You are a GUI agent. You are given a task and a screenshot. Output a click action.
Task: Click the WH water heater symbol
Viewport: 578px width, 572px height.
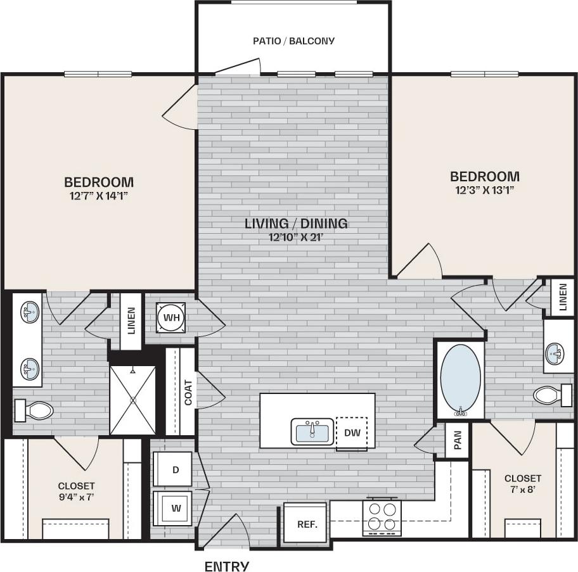[x=170, y=317]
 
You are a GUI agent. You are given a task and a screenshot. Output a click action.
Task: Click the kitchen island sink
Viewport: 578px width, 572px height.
[x=312, y=432]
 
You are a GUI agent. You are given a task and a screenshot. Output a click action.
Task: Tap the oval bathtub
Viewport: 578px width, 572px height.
[x=460, y=380]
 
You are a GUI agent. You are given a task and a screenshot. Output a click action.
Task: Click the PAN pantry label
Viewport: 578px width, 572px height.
[x=458, y=440]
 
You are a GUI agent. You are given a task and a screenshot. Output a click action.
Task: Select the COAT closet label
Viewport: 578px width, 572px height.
[x=188, y=392]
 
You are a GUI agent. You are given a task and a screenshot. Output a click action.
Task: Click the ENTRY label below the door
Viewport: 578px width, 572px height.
[x=226, y=566]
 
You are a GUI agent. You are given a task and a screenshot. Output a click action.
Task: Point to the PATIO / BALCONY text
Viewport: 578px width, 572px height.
[x=293, y=41]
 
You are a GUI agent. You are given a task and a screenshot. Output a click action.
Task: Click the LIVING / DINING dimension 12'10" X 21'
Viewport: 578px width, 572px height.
[x=297, y=238]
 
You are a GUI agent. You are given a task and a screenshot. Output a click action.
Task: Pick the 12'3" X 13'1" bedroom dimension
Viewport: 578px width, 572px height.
[x=485, y=189]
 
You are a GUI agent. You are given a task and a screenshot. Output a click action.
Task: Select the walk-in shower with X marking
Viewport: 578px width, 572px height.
[x=132, y=400]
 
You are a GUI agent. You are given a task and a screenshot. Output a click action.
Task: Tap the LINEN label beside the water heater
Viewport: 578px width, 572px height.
[x=131, y=321]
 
